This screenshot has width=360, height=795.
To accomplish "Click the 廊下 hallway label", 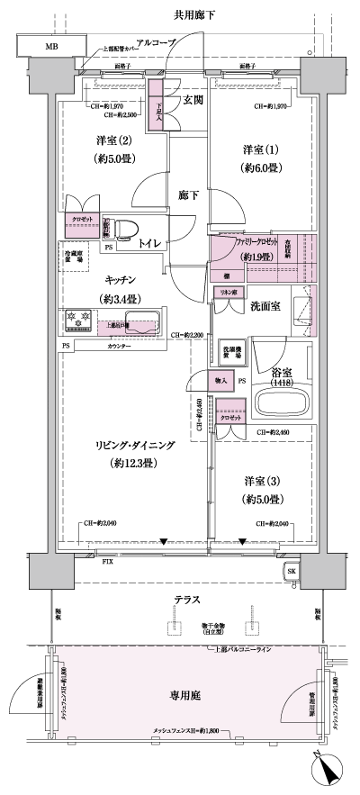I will [188, 194].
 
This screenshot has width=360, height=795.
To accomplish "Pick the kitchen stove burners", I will [77, 320].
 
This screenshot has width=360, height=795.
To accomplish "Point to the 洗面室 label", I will [264, 306].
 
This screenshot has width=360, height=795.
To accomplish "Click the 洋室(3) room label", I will [262, 481].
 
